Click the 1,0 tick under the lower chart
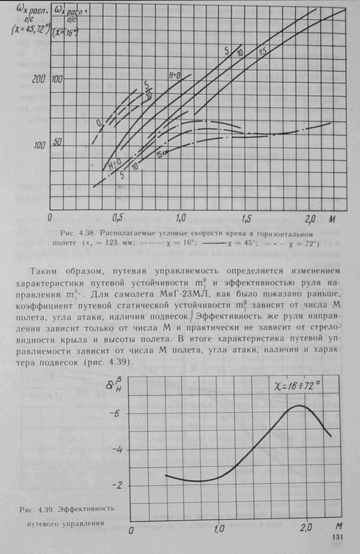(219, 529)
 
